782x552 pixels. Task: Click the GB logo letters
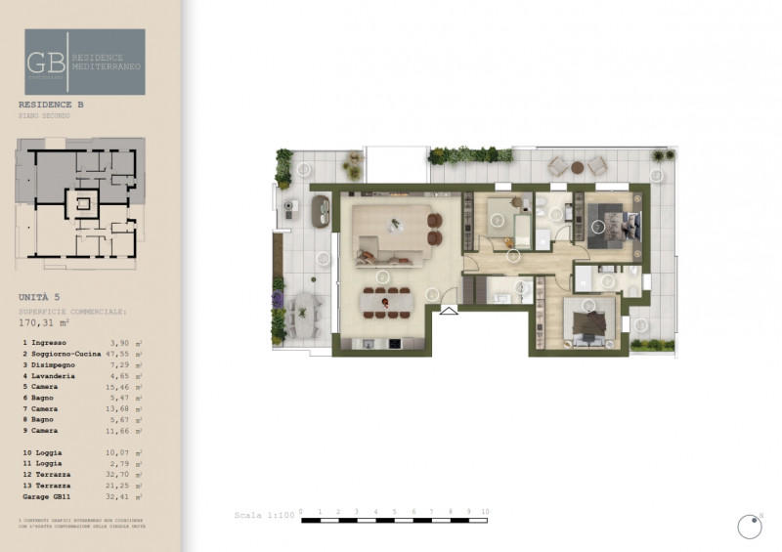[x=46, y=62]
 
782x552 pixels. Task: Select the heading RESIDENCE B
[x=50, y=104]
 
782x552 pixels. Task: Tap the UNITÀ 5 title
[x=40, y=296]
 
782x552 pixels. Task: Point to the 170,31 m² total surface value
[x=48, y=320]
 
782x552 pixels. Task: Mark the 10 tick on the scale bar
[x=486, y=512]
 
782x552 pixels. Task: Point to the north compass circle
[x=749, y=527]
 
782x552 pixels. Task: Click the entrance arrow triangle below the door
[x=449, y=312]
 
